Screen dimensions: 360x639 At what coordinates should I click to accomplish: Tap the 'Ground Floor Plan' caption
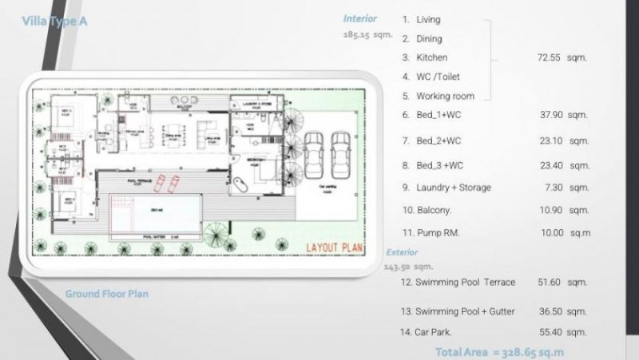[x=106, y=294]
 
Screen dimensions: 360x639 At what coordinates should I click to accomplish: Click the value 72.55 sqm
[x=562, y=58]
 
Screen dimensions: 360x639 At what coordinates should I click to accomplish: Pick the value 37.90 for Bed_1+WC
[x=562, y=115]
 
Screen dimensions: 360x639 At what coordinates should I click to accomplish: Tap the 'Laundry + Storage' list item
[x=453, y=188]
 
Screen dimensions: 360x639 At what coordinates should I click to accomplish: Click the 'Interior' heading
[x=359, y=18]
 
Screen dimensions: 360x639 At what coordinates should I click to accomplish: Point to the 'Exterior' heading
[x=402, y=251]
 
